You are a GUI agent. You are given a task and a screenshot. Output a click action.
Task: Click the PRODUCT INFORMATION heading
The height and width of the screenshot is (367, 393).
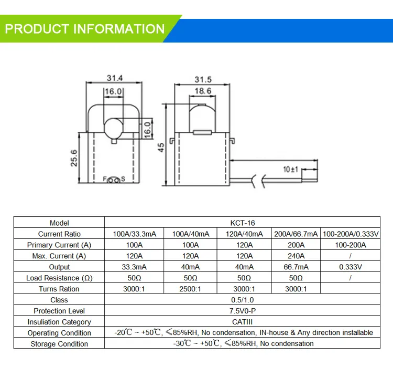tap(85, 28)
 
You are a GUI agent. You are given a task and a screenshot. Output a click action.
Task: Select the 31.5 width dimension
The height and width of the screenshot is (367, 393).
tap(203, 80)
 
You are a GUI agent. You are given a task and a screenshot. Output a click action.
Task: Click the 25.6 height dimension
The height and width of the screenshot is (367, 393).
tap(74, 158)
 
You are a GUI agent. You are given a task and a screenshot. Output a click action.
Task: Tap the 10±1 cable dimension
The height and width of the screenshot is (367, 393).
tap(290, 169)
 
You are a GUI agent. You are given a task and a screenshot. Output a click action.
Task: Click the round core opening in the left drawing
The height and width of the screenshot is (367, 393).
tap(114, 128)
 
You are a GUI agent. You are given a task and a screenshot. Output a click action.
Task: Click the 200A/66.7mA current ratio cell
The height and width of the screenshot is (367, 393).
tap(296, 234)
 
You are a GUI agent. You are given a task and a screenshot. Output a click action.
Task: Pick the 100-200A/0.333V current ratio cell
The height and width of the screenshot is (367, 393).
tap(351, 234)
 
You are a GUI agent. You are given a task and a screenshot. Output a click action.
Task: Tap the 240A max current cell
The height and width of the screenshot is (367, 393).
tap(296, 256)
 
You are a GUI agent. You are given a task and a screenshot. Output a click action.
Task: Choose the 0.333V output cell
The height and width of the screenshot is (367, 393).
tap(351, 267)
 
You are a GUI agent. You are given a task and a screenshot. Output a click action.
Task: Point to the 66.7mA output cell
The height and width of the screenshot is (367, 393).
tap(296, 267)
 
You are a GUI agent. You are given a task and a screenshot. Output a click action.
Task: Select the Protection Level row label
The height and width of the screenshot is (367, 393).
tap(59, 311)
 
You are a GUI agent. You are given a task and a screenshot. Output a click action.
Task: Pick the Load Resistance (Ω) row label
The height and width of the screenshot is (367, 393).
tap(59, 278)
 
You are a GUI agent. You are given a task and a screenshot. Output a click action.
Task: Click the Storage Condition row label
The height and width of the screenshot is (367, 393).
tap(59, 344)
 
